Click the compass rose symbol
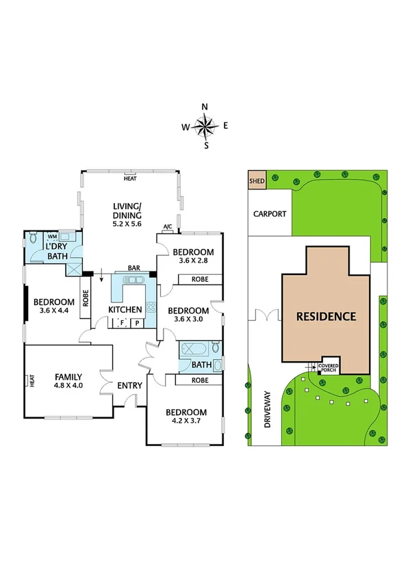[205, 126]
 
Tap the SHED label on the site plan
[257, 181]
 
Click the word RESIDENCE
[326, 317]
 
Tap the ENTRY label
[129, 386]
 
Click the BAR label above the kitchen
[134, 269]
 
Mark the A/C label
[167, 228]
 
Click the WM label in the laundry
[52, 236]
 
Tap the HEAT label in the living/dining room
[129, 179]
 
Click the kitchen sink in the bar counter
[130, 280]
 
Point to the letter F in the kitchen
[123, 322]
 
